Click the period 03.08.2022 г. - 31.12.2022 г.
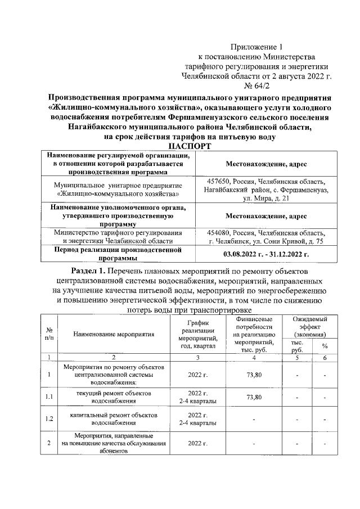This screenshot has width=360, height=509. pyautogui.click(x=266, y=254)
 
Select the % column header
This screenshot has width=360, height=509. pyautogui.click(x=325, y=346)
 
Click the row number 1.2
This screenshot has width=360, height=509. pyautogui.click(x=49, y=418)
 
